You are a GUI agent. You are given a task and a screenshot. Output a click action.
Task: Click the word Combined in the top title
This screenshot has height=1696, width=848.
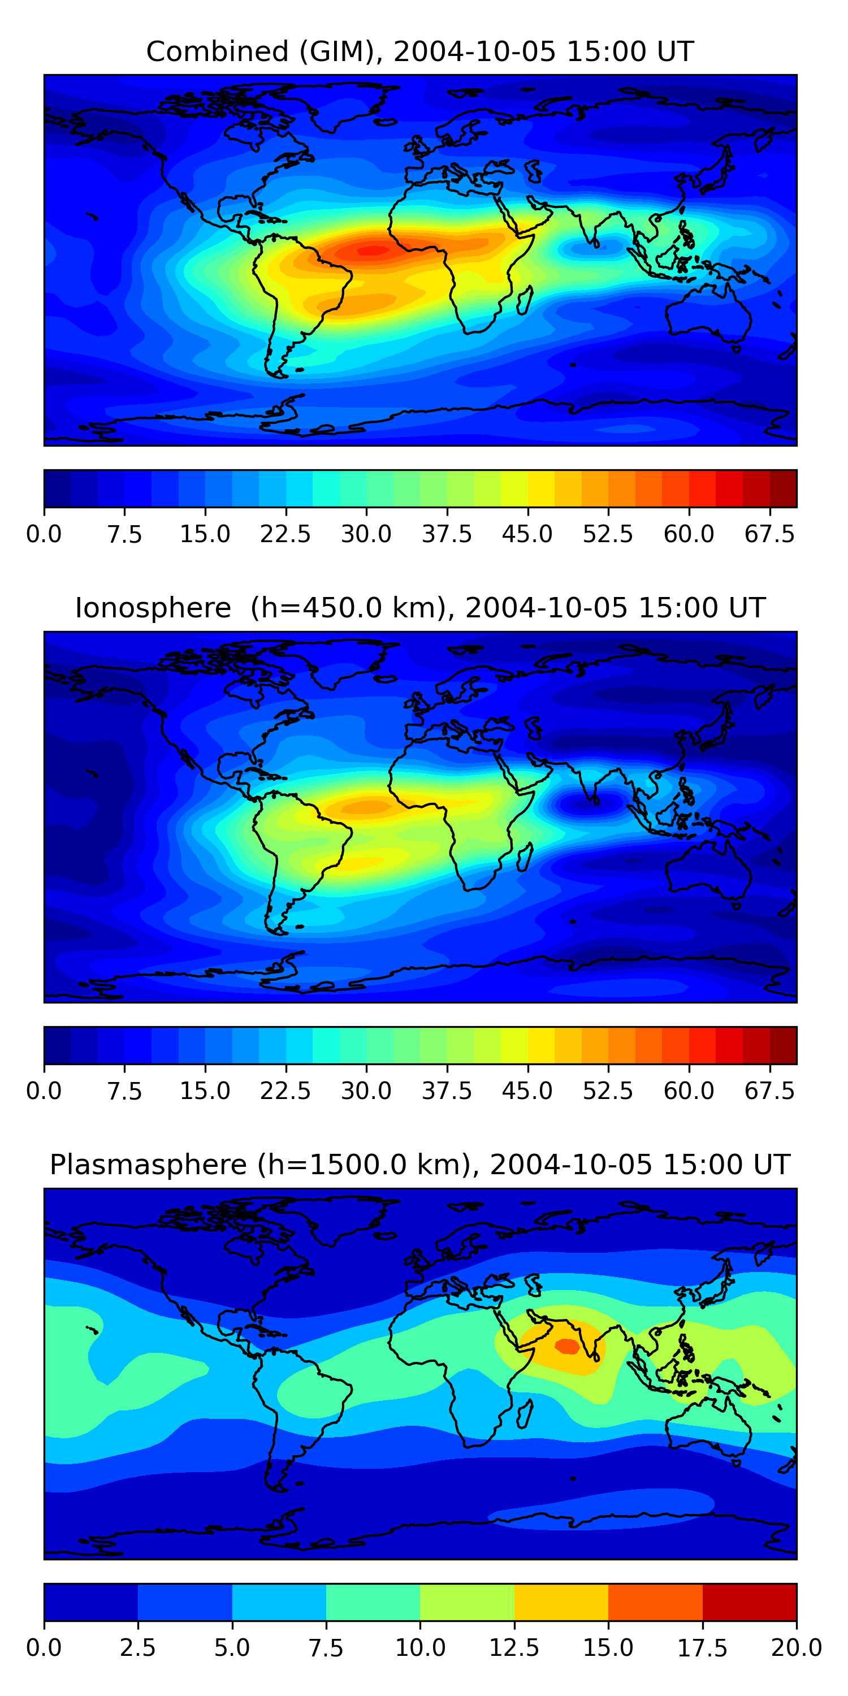point(217,51)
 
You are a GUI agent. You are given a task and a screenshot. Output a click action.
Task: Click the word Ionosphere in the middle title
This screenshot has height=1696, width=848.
point(153,608)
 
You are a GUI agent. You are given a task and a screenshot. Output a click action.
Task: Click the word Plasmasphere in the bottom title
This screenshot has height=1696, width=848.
point(148,1165)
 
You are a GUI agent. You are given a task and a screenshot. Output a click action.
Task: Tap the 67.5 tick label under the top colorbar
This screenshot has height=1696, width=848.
point(769,534)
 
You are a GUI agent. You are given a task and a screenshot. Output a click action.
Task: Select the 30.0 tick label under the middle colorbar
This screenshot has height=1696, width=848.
point(366,1091)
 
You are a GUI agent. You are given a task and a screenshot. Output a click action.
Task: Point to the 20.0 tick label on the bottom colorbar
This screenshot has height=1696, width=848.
point(797,1648)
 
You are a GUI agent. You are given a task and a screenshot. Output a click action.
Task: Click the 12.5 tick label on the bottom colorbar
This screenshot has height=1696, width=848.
point(514,1648)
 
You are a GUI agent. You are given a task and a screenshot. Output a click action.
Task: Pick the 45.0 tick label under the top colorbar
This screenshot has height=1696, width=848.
point(527,534)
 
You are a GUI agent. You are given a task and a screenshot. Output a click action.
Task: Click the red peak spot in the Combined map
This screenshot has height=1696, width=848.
point(373,250)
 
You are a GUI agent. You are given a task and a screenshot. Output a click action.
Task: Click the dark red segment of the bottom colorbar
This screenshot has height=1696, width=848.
point(749,1602)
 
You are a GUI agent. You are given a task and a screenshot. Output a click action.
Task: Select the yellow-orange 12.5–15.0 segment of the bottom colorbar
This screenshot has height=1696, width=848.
point(561,1602)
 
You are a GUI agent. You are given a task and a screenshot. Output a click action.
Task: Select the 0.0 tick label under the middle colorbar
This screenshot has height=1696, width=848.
point(44,1091)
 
